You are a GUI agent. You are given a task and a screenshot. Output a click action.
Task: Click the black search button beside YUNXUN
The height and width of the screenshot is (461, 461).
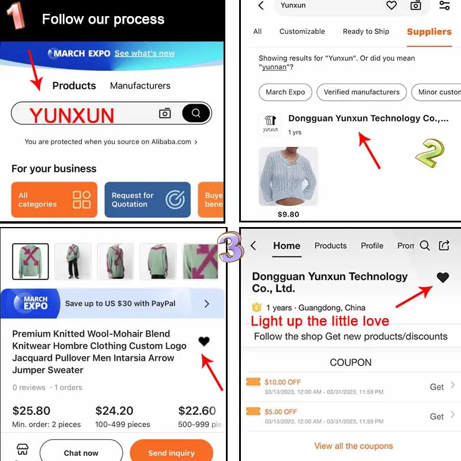pyautogui.click(x=196, y=113)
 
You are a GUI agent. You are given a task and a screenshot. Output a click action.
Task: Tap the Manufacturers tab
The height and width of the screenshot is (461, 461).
pyautogui.click(x=140, y=85)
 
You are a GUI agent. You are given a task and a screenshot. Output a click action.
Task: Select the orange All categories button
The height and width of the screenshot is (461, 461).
pyautogui.click(x=54, y=199)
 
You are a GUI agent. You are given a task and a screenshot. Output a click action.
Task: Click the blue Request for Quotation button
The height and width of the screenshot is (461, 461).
pyautogui.click(x=148, y=199)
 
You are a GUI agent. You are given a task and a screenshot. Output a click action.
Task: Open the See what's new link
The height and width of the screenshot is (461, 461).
pyautogui.click(x=145, y=53)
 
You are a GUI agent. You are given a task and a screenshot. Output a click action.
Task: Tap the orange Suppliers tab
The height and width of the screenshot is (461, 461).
pyautogui.click(x=429, y=32)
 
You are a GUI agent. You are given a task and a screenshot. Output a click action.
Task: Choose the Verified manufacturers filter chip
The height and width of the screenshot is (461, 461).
pyautogui.click(x=362, y=92)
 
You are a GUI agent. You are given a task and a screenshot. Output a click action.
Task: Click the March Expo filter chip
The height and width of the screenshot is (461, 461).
pyautogui.click(x=285, y=92)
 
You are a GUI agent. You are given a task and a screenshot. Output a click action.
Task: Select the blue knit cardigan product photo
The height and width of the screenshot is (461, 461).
pyautogui.click(x=288, y=176)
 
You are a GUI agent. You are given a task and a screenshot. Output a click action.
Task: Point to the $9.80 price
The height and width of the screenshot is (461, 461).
pyautogui.click(x=288, y=214)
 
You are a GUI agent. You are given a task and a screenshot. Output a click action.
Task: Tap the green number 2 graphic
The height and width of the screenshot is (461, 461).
pyautogui.click(x=430, y=153)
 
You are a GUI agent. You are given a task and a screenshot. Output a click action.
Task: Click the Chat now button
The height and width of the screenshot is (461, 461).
pyautogui.click(x=81, y=452)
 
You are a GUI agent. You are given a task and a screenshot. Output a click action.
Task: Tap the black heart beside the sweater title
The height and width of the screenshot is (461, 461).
pyautogui.click(x=204, y=341)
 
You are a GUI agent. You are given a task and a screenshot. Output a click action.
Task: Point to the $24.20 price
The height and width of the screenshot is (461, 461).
pyautogui.click(x=114, y=410)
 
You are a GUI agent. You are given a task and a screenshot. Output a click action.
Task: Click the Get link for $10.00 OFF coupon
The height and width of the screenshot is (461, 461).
pyautogui.click(x=437, y=387)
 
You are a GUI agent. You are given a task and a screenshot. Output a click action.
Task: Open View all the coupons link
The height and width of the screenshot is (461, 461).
pyautogui.click(x=353, y=446)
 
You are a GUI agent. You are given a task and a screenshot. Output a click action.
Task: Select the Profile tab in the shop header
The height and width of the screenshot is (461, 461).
pyautogui.click(x=372, y=245)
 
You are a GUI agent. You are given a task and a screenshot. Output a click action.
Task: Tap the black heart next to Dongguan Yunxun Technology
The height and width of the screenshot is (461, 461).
pyautogui.click(x=443, y=277)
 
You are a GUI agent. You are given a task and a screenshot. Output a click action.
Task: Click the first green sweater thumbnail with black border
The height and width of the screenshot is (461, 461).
pyautogui.click(x=31, y=262)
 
